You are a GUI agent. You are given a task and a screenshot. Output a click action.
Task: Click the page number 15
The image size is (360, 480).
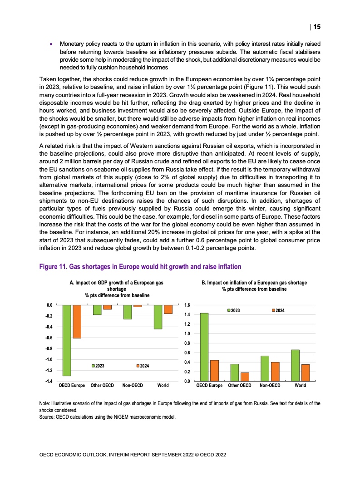coord(317,27)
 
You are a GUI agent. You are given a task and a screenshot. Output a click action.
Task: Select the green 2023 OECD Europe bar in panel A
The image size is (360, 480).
coord(66,340)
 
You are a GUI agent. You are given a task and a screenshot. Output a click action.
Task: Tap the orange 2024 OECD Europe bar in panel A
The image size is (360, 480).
coord(77,322)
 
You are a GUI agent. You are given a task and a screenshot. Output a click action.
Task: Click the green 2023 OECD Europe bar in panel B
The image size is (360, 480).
coord(204,347)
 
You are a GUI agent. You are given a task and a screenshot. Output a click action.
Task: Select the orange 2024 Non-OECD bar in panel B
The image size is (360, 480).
coord(275,371)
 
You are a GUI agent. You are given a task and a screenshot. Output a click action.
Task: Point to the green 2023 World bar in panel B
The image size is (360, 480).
coord(295,365)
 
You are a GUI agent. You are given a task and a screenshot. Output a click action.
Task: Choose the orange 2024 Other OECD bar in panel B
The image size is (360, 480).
coord(245,377)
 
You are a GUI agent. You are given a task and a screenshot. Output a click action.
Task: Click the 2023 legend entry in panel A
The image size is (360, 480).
coord(99,365)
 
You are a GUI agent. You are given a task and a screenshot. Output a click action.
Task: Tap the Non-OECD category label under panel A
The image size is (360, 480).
coord(133,386)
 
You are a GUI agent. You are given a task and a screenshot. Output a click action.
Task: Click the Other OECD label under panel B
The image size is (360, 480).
coord(240,386)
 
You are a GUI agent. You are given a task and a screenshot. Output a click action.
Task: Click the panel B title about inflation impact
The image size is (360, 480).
coord(254,286)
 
